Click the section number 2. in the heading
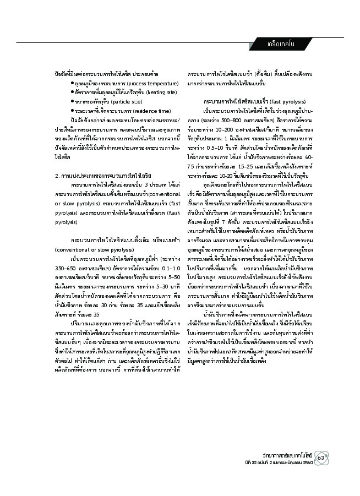58,175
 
